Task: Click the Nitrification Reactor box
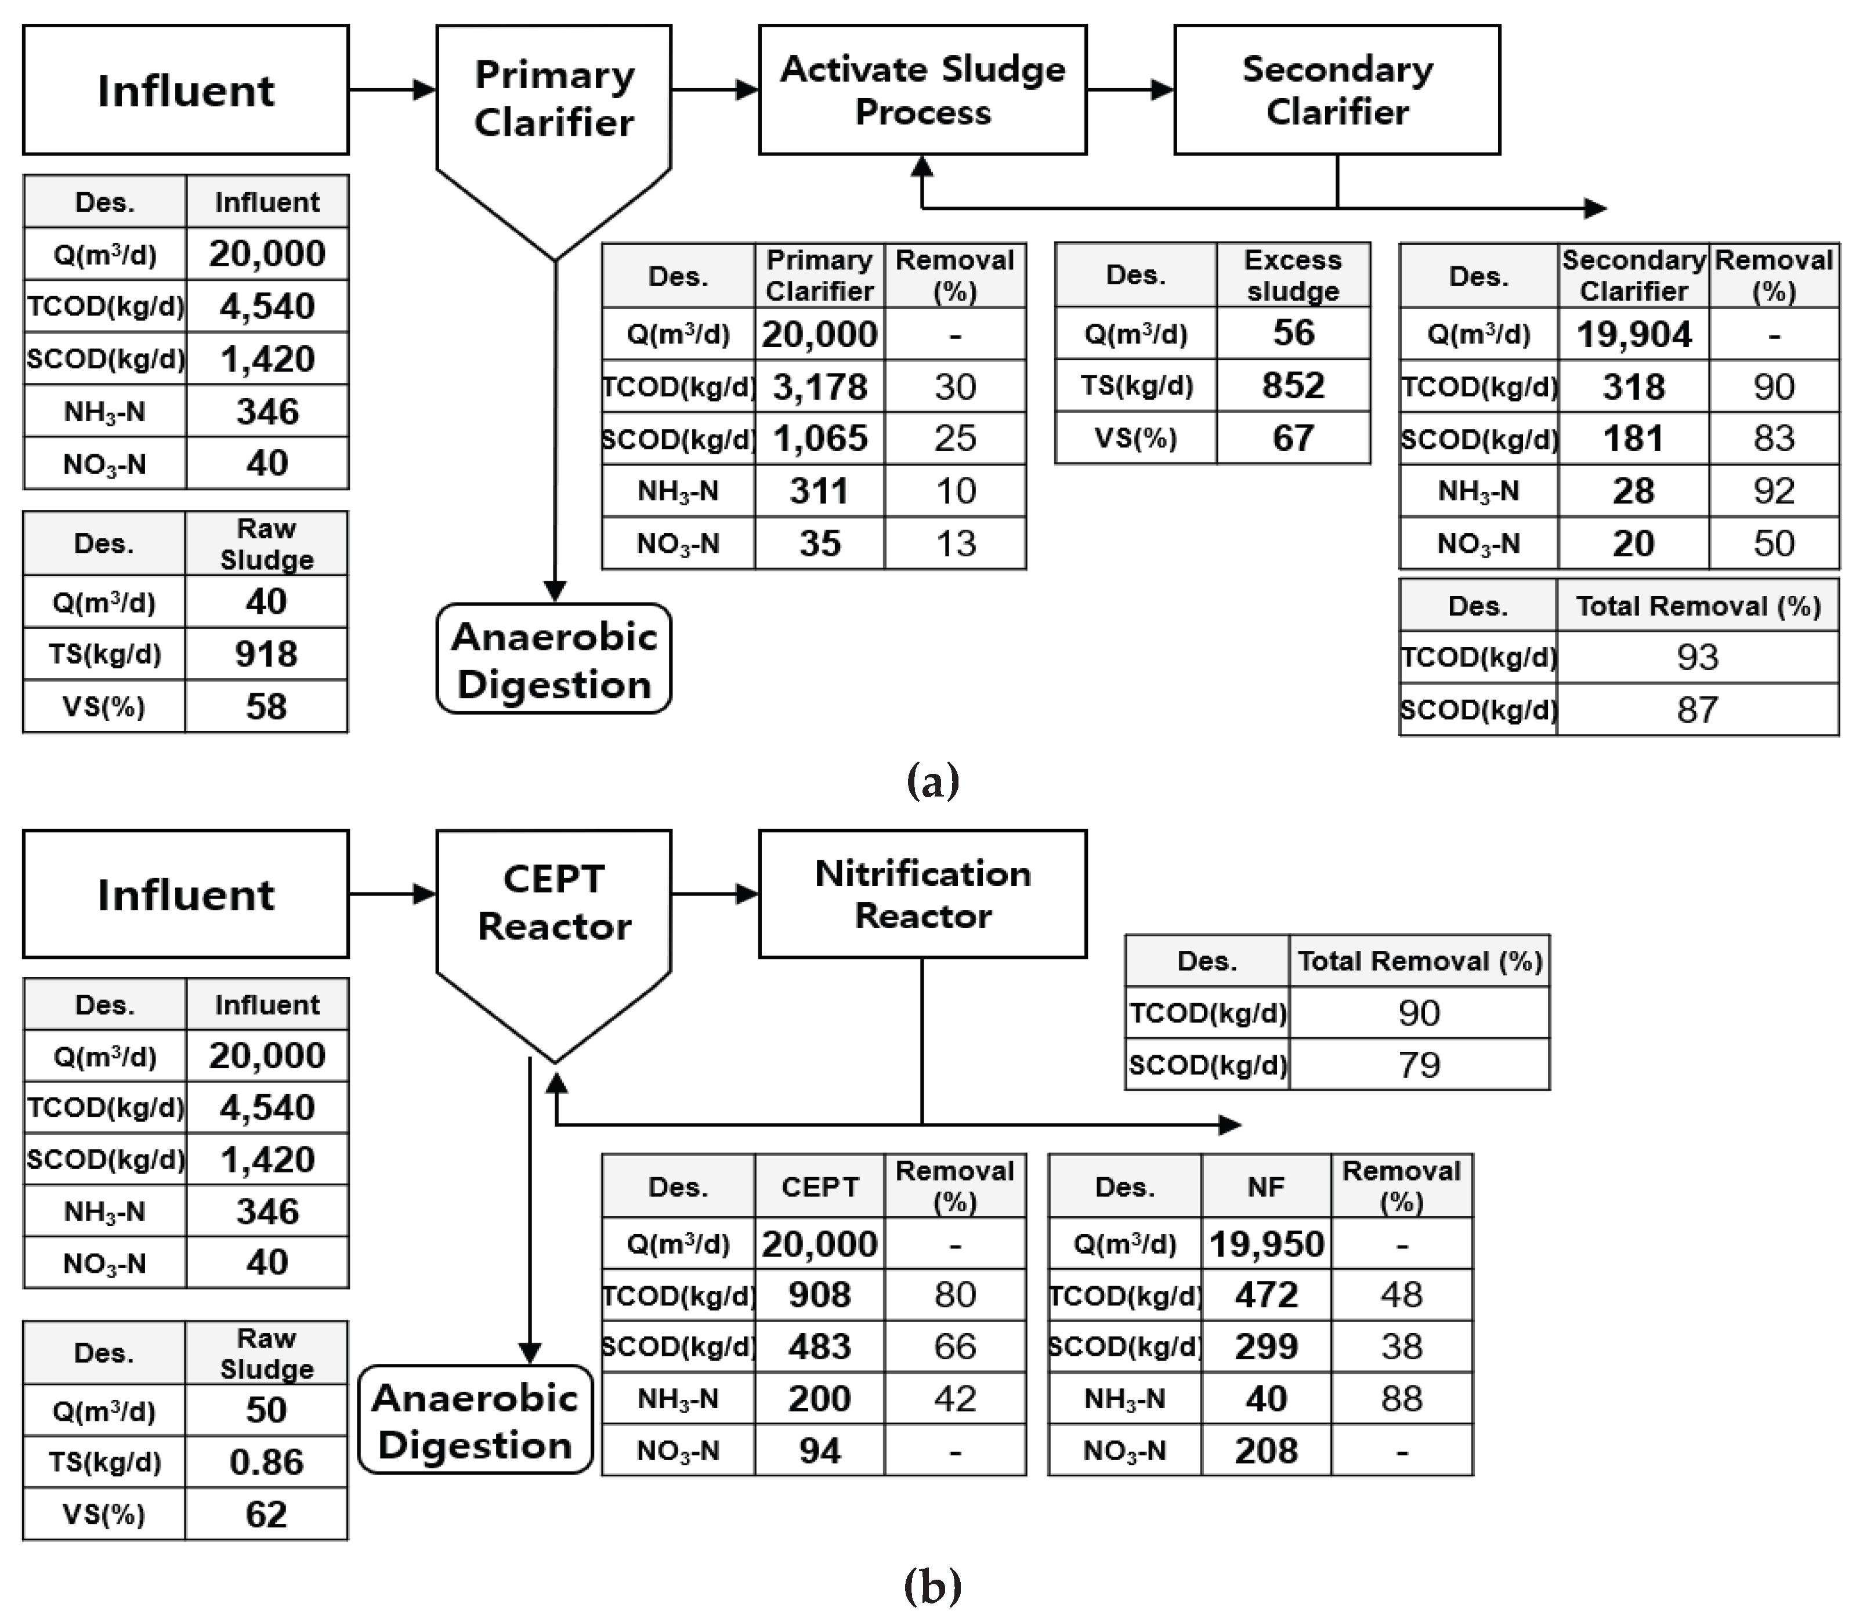922,894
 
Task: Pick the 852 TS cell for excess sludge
1292,386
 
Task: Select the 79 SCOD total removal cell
1418,1065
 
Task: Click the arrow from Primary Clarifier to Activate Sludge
715,89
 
